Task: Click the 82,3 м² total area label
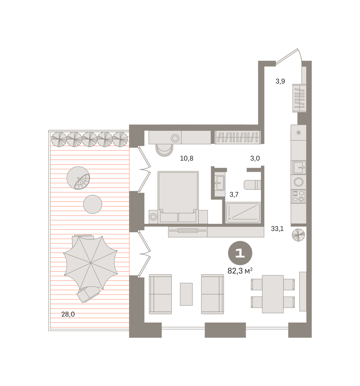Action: [240, 271]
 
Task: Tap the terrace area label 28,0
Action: [68, 314]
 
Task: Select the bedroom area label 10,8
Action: [187, 158]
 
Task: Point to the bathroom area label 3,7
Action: [234, 194]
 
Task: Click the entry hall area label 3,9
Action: [280, 81]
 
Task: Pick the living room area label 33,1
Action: [277, 229]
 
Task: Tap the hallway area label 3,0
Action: [255, 158]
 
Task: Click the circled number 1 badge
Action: [240, 253]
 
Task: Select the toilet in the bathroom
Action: [252, 185]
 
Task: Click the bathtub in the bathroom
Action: [243, 213]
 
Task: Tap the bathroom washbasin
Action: [220, 183]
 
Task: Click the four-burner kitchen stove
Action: [298, 196]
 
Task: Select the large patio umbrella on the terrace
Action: [90, 263]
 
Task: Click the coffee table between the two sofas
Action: [186, 294]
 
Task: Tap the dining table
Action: [272, 294]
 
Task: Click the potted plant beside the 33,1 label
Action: [298, 235]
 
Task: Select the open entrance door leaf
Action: [286, 56]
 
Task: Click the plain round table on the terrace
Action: [93, 204]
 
